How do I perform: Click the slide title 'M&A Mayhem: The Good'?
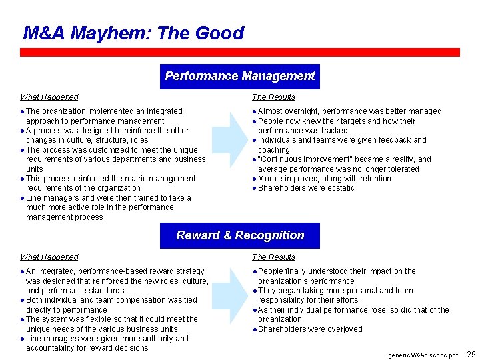[133, 33]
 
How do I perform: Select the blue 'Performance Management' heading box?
[240, 76]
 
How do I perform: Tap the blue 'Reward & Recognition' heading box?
[240, 235]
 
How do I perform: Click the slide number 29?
[471, 354]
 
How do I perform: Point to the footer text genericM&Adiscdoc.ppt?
[423, 355]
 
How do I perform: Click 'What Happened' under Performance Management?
[49, 97]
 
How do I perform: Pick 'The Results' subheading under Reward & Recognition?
[273, 257]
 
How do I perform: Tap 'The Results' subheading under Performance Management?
[273, 97]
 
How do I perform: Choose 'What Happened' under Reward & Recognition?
[49, 257]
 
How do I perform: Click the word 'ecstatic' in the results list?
[340, 188]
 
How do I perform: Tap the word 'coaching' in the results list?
[273, 150]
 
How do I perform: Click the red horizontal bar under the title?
[240, 52]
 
